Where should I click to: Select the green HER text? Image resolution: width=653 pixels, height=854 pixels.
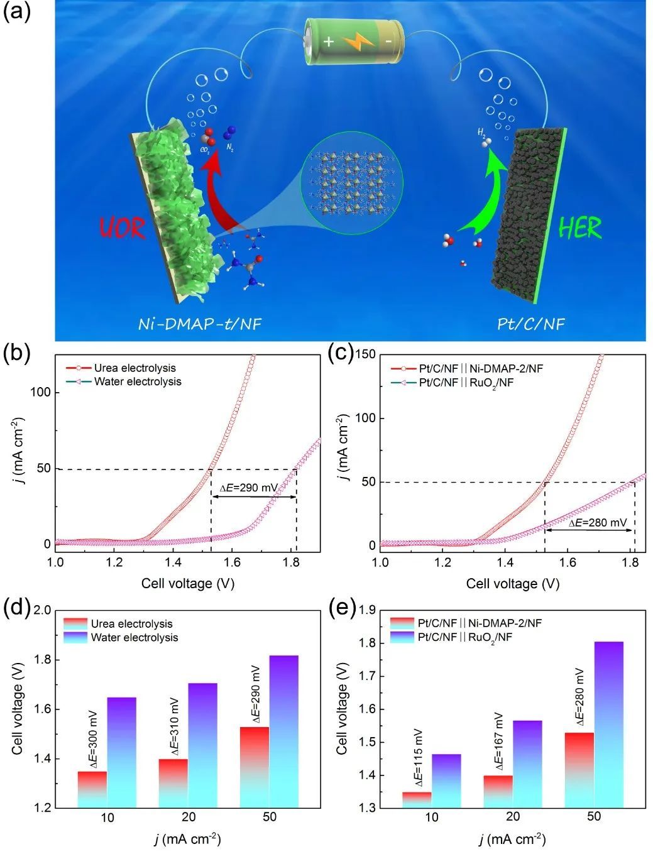pos(580,228)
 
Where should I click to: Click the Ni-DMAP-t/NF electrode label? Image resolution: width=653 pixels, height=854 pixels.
pos(199,324)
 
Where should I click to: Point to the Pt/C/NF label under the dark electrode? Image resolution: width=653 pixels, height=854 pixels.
pos(530,324)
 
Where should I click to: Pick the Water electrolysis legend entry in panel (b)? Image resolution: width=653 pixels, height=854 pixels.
pos(137,381)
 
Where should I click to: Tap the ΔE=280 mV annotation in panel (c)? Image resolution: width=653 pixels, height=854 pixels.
pos(598,522)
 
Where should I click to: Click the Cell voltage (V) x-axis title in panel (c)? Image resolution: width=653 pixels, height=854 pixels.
pos(512,584)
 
